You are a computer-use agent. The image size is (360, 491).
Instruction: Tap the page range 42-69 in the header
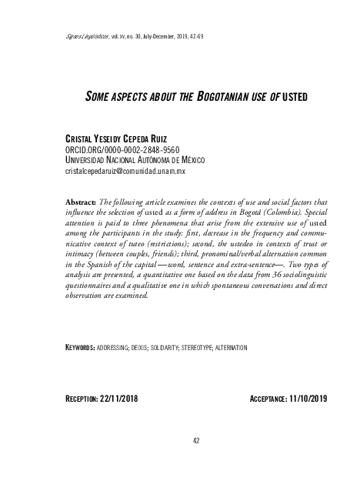tap(194, 36)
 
